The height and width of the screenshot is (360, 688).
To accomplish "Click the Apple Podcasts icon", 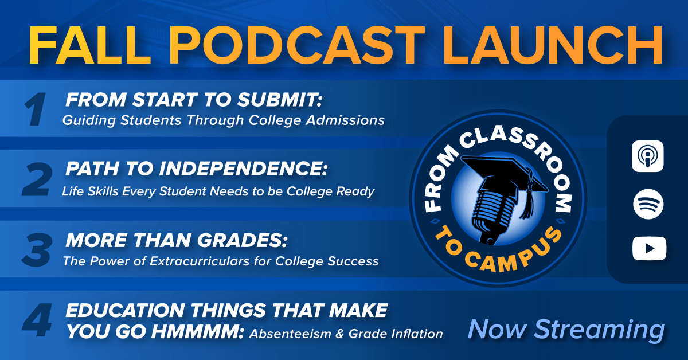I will tap(648, 155).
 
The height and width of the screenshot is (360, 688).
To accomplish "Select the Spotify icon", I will tap(648, 204).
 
